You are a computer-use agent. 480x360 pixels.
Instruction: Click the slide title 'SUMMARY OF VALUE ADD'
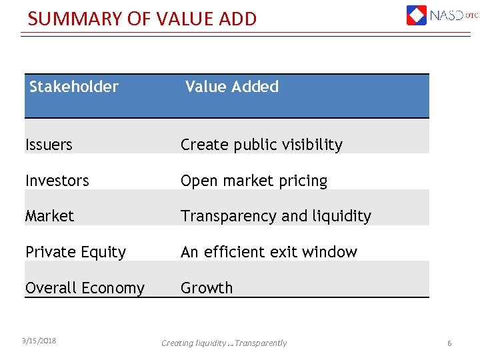[x=142, y=19]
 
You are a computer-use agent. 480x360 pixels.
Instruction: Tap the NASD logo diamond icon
[x=417, y=15]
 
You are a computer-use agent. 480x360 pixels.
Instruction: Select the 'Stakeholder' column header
[x=74, y=87]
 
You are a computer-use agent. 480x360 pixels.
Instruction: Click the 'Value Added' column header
[x=231, y=87]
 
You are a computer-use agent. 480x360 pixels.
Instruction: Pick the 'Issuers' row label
[x=49, y=145]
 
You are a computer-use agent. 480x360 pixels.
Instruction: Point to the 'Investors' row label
[x=57, y=181]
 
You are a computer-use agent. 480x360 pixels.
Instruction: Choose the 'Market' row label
[x=49, y=216]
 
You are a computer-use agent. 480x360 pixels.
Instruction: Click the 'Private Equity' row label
[x=75, y=252]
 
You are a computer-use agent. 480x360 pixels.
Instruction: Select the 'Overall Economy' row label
[x=85, y=288]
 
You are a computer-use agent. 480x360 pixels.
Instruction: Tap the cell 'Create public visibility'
[x=261, y=145]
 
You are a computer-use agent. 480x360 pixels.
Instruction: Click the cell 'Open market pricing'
[x=254, y=181]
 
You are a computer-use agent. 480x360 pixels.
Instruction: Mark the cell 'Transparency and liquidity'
[x=276, y=216]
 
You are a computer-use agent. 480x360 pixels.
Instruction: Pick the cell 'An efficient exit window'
[x=269, y=252]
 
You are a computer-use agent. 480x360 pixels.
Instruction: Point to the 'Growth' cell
[x=207, y=288]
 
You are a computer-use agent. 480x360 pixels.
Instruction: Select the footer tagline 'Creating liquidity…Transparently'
[x=224, y=343]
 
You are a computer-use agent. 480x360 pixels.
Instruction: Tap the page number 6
[x=449, y=343]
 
